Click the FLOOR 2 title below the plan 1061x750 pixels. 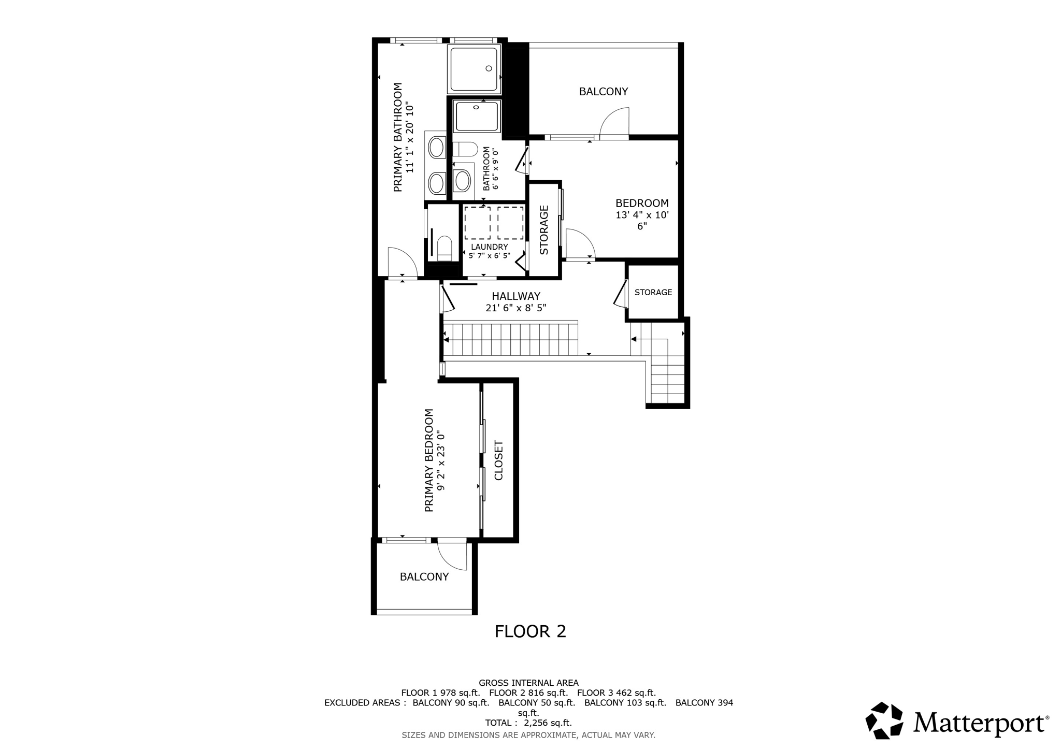[530, 631]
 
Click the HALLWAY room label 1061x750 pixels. [515, 296]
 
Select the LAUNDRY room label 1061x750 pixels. [489, 247]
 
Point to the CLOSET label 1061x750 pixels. [499, 460]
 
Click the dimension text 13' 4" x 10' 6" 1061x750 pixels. [642, 220]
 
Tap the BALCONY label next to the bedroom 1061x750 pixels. [603, 92]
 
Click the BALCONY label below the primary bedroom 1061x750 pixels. [424, 577]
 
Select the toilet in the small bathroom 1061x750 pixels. [465, 149]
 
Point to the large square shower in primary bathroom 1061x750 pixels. [474, 69]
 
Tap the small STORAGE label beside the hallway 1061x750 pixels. [653, 292]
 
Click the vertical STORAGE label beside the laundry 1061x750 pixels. [544, 230]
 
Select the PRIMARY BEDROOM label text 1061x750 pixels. [429, 460]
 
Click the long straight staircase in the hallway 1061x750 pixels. [510, 339]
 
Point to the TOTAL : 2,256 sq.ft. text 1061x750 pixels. [528, 723]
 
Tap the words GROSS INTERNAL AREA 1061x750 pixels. [528, 683]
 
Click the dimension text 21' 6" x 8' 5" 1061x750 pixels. [515, 308]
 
